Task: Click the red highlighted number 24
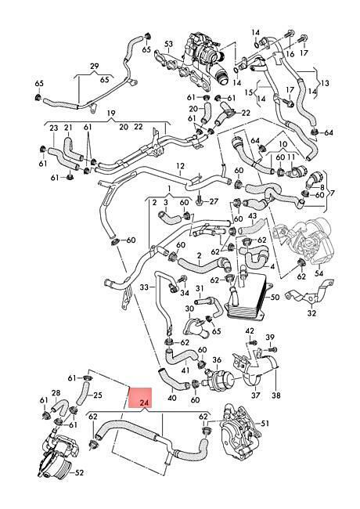pos(144,403)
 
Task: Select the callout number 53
pos(168,44)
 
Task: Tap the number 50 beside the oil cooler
pos(275,297)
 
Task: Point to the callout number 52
pos(79,472)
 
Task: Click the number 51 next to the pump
pos(265,424)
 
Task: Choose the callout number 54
pos(319,273)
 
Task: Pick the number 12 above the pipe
pos(180,166)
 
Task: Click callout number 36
pos(217,360)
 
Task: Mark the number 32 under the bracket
pos(311,313)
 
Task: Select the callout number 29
pos(95,67)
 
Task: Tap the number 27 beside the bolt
pos(214,201)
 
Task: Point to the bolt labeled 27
pos(200,202)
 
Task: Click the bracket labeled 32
pos(308,294)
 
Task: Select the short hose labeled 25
pos(82,393)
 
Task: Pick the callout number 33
pos(144,287)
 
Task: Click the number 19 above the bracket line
pos(111,114)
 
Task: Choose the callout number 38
pos(276,395)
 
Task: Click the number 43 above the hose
pos(252,216)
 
